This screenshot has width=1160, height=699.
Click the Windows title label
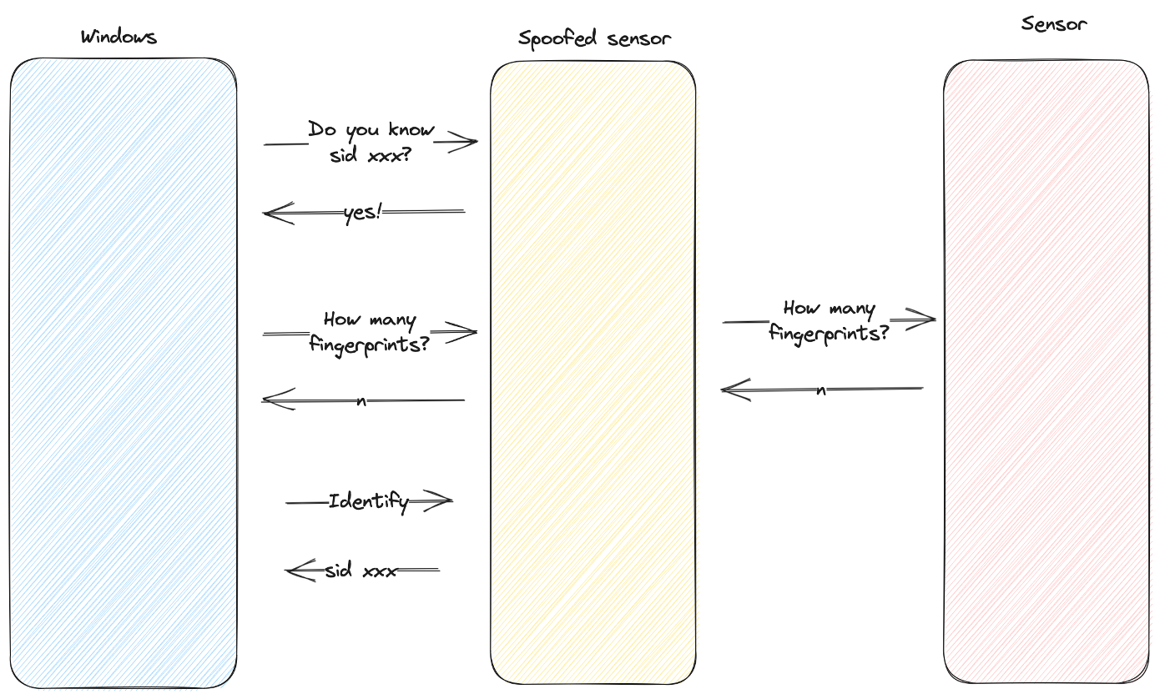click(119, 37)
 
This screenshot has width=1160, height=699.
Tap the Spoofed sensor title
click(594, 38)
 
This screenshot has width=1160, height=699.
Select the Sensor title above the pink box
click(1054, 23)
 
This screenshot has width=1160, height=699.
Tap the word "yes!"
click(362, 214)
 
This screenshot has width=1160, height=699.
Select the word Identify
click(368, 502)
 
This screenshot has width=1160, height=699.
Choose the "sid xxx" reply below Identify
click(361, 571)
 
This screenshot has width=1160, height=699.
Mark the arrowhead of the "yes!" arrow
click(270, 214)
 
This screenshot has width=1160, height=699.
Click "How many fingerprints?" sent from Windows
click(369, 331)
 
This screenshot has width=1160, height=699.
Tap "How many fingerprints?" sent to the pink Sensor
click(828, 321)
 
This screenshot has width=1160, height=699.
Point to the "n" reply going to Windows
click(361, 401)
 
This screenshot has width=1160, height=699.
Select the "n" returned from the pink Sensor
click(821, 390)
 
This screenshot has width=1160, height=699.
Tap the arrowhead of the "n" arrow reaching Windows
click(269, 400)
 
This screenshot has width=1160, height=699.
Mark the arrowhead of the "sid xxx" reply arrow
click(292, 571)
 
